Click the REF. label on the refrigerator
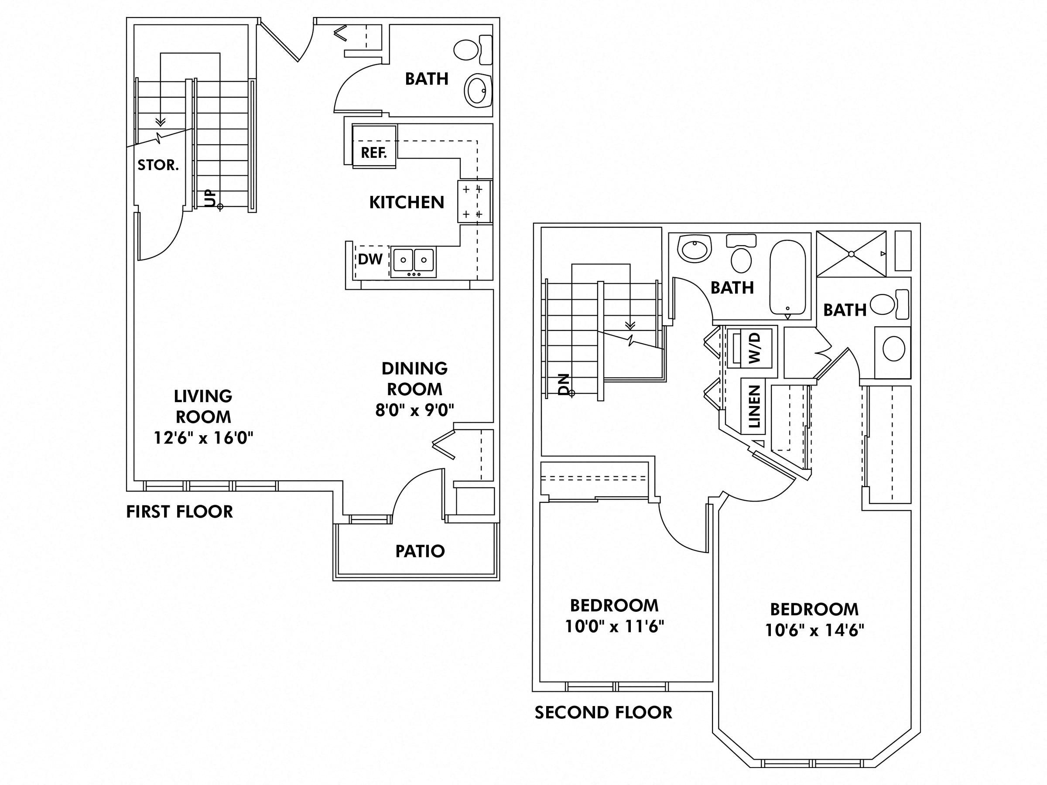point(373,153)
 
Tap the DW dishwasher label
point(370,259)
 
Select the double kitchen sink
point(413,262)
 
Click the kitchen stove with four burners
point(474,201)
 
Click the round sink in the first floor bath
point(478,90)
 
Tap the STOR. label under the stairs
point(158,165)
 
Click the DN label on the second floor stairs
point(564,384)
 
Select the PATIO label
point(420,551)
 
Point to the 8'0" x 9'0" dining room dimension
point(414,410)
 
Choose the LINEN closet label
point(754,406)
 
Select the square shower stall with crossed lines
point(851,254)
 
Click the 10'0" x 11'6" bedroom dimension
point(614,627)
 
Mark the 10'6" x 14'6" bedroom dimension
point(814,630)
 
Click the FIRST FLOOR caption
point(179,512)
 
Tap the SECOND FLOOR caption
point(603,713)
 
